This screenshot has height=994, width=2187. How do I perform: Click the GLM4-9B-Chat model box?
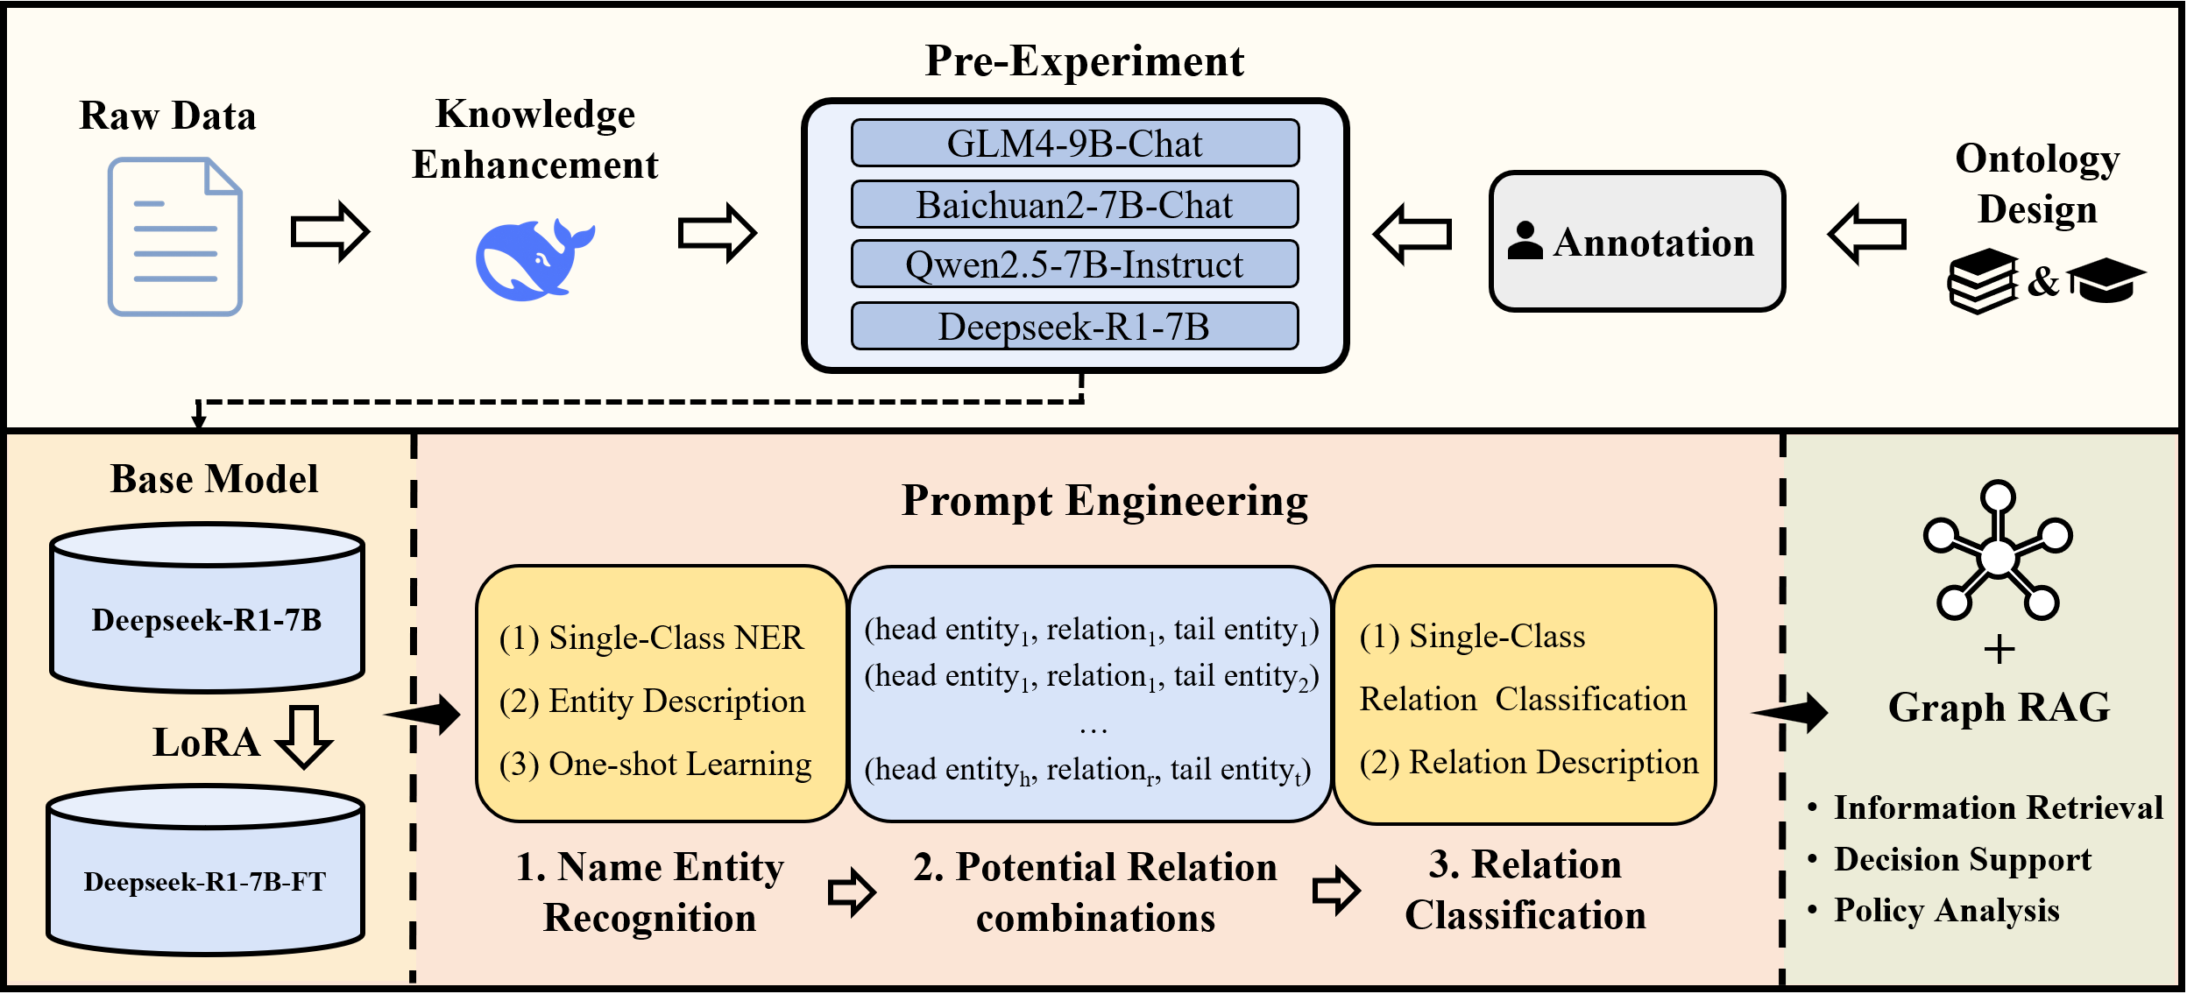pos(1074,143)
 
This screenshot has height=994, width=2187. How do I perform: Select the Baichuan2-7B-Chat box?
pos(1074,204)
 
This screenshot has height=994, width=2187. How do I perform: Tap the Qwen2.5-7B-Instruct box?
pos(1074,264)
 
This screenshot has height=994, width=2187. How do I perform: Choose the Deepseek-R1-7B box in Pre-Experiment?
pos(1074,326)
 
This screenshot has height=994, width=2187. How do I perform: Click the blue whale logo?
pos(534,260)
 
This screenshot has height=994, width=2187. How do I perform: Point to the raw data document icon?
pos(175,236)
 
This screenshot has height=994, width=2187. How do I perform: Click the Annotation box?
pos(1637,242)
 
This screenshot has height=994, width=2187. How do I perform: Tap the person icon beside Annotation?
pos(1525,241)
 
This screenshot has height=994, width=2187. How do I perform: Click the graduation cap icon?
pos(2107,280)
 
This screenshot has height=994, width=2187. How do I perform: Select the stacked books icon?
pos(1983,281)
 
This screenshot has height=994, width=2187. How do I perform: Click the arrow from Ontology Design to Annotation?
pos(1866,234)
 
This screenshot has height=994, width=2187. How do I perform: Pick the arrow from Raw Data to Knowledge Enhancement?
pos(330,232)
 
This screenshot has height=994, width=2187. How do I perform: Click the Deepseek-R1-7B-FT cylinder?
pos(206,870)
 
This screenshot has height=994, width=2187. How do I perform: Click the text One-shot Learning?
pos(680,765)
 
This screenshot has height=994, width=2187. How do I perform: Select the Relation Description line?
pos(1529,763)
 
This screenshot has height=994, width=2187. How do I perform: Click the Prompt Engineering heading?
pos(1105,502)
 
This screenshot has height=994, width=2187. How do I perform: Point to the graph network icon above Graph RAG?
pos(1998,550)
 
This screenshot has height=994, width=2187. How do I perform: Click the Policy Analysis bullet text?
pos(1947,911)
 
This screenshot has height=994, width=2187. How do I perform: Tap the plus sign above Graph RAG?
pos(1999,650)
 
